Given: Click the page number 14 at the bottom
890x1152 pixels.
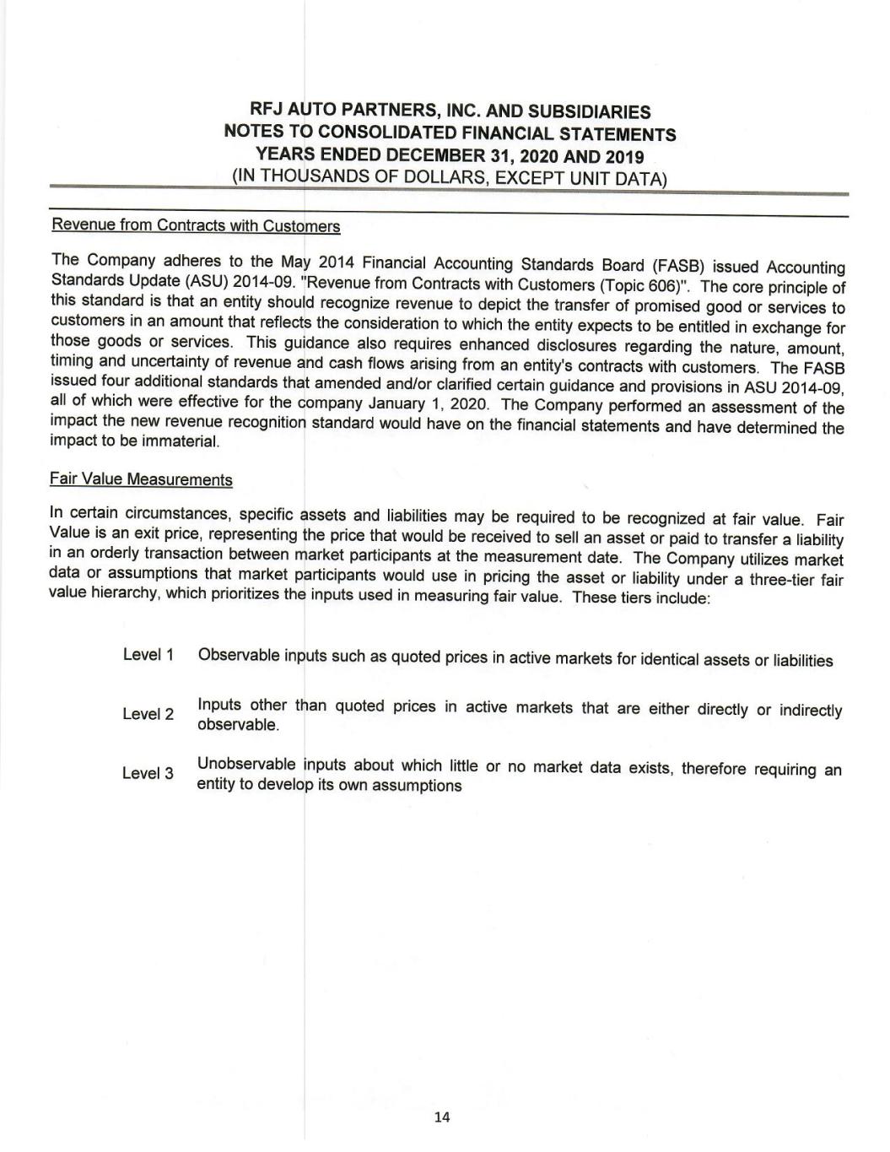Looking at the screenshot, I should click(x=442, y=1117).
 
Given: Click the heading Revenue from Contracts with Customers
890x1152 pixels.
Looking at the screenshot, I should click(x=196, y=226).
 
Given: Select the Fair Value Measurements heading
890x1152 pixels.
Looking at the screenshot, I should click(x=141, y=480).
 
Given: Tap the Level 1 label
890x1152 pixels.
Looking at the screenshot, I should click(x=148, y=655).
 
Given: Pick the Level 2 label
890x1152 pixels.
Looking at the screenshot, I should click(x=148, y=714).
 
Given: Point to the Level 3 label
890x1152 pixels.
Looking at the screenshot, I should click(x=148, y=773).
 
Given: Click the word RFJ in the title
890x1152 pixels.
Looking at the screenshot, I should click(x=267, y=111).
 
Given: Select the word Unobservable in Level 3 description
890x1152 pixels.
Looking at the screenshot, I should click(x=246, y=765).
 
